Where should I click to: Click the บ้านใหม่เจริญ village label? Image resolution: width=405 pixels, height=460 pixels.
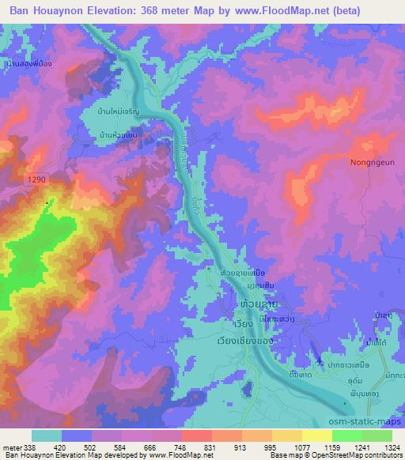point(119,112)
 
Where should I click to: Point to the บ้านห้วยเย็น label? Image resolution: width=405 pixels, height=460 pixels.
point(120,135)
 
